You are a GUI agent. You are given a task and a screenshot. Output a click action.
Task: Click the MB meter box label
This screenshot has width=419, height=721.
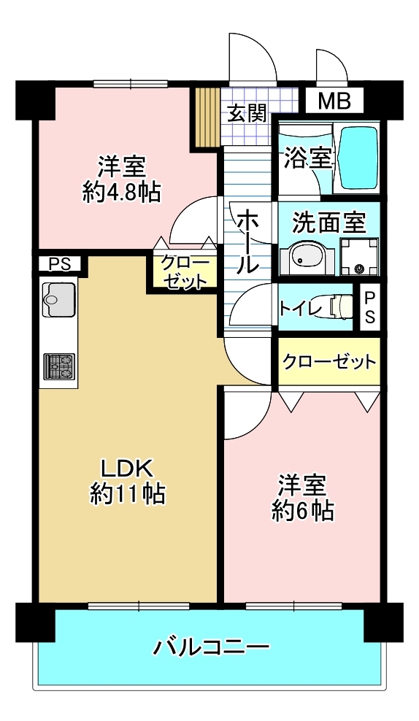[x=335, y=101]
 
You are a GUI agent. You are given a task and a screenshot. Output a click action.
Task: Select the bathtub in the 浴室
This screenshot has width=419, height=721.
[x=358, y=157]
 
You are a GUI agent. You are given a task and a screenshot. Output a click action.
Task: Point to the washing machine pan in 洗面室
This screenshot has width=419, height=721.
[x=358, y=257]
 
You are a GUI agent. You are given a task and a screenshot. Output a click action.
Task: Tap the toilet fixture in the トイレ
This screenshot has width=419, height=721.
[x=340, y=306]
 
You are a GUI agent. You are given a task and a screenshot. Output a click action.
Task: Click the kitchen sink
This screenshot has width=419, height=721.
[x=58, y=299]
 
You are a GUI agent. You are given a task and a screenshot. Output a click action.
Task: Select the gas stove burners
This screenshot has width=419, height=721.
[x=59, y=366]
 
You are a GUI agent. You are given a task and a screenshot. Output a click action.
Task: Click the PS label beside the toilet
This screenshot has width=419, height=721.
[x=369, y=308]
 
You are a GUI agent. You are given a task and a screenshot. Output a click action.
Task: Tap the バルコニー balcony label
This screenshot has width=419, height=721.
[x=211, y=648]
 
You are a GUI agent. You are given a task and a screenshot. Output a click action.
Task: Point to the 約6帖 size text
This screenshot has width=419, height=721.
[x=303, y=510]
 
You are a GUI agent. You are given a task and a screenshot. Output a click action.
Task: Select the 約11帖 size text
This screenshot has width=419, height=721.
[x=128, y=494]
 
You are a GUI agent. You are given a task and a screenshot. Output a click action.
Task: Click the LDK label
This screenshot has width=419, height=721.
[x=126, y=469]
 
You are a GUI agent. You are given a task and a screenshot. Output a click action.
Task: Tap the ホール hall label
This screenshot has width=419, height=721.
[x=247, y=241]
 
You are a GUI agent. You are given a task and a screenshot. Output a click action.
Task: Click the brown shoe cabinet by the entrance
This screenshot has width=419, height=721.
[x=205, y=117]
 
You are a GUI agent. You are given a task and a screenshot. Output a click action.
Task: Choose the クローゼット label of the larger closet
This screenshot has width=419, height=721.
[x=329, y=362]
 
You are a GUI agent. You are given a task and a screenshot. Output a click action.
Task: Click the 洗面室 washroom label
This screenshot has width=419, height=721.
[x=329, y=223]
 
